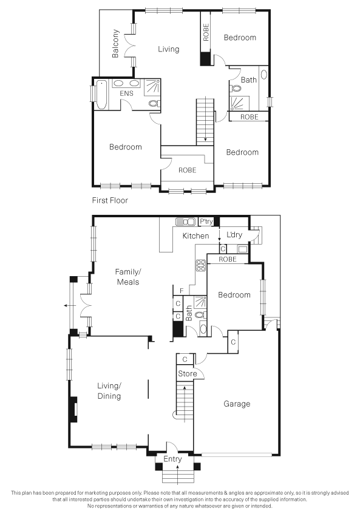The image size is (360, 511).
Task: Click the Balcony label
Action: [115, 44]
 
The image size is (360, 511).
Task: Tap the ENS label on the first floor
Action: [126, 93]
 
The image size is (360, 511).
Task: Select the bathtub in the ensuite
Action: [101, 95]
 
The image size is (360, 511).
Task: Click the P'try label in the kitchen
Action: [206, 222]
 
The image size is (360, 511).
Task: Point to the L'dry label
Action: [234, 235]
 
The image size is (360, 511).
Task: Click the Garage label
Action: [237, 404]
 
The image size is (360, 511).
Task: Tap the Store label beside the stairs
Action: [188, 374]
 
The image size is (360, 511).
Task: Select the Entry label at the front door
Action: [172, 459]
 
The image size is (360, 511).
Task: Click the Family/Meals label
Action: [128, 277]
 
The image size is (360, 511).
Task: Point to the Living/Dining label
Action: [109, 391]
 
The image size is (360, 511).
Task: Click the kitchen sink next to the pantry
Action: [185, 222]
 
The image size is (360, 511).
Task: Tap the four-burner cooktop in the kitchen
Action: [200, 265]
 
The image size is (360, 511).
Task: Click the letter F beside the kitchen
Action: [182, 291]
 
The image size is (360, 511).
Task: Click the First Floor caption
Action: [110, 200]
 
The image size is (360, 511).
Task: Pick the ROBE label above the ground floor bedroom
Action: [228, 259]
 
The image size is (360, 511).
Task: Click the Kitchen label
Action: [195, 236]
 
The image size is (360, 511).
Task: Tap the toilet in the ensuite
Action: [154, 104]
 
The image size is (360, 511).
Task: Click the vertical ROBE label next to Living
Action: [206, 32]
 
